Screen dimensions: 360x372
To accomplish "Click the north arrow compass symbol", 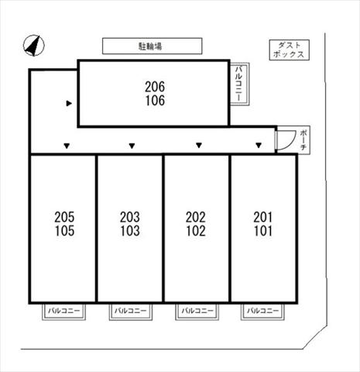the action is click(x=34, y=46).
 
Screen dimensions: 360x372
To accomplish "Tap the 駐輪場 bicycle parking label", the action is click(x=150, y=46).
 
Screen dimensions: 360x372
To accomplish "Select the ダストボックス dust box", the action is click(x=290, y=50).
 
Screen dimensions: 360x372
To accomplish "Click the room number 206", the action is click(x=155, y=87).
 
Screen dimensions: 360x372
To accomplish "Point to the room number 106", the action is click(x=155, y=101).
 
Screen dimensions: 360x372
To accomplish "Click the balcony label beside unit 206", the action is click(x=239, y=84).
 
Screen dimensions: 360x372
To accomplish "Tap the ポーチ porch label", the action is click(x=303, y=140).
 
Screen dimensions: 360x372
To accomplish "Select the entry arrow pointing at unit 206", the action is click(x=69, y=103).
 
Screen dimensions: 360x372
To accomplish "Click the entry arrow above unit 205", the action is click(x=67, y=146).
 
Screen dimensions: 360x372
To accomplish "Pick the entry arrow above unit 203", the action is click(x=132, y=146).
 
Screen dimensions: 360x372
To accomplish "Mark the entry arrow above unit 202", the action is click(x=199, y=146).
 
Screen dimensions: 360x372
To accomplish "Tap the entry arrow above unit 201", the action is click(x=259, y=146).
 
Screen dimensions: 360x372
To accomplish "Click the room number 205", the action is click(x=64, y=217).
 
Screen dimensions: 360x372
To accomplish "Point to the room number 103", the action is click(x=130, y=231).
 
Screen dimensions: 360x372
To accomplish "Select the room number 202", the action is click(x=196, y=217).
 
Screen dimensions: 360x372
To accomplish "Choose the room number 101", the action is click(x=263, y=231).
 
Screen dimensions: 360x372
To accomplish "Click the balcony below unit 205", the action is click(x=63, y=311).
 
